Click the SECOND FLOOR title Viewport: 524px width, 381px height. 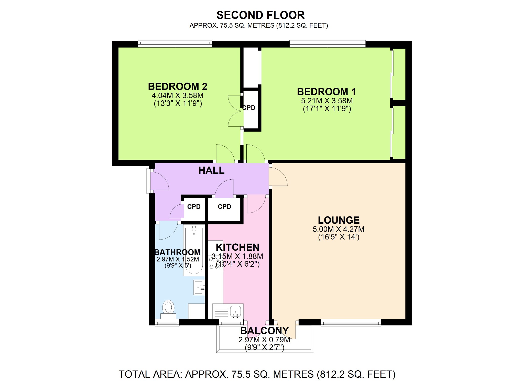pos(260,15)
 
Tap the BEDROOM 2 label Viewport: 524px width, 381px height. pos(178,86)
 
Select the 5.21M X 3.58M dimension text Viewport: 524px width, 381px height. pos(327,101)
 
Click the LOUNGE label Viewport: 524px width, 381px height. pos(339,220)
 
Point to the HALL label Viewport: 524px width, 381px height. pos(211,170)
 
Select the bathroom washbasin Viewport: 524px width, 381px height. pos(199,287)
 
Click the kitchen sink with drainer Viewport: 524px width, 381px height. pos(228,311)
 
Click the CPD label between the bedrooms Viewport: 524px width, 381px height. pos(249,108)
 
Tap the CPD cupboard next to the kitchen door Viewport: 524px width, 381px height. pos(224,207)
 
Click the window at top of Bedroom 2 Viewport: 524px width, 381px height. pos(175,44)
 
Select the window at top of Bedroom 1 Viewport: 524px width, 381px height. pos(327,44)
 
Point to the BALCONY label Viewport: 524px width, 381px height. pos(264,331)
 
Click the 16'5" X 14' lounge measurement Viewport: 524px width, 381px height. pos(339,237)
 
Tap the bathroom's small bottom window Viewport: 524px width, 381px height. pos(167,323)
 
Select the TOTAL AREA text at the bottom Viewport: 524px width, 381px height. pos(257,374)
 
